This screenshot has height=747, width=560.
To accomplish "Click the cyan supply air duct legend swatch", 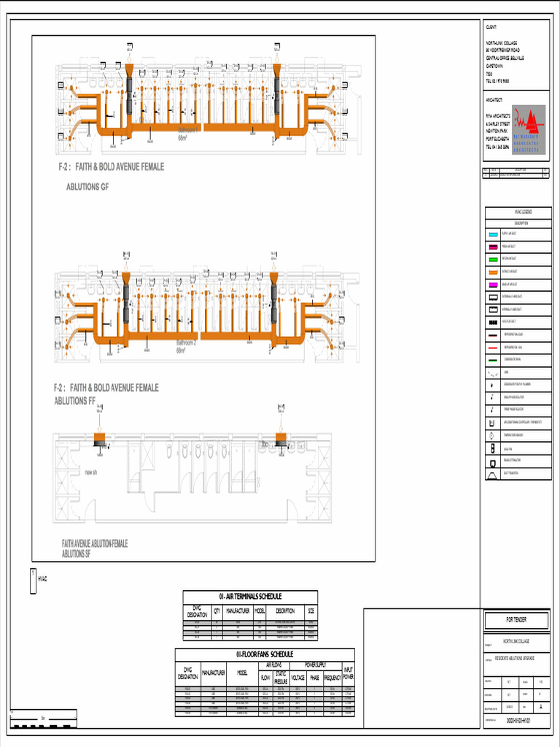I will tap(493, 234).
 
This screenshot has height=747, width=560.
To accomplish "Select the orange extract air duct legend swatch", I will tap(493, 271).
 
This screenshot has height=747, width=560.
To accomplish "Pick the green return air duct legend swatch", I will tap(493, 259).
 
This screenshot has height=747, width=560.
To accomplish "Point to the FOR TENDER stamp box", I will tap(517, 620).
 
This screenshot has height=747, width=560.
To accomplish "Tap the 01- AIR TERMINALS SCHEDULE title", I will tap(250, 597).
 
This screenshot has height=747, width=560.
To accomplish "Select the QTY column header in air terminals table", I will tap(217, 611).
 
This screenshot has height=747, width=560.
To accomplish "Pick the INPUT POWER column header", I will tap(348, 673).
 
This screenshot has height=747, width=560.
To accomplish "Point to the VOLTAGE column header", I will tap(298, 678).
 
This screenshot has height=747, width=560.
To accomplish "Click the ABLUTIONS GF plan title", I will tap(87, 187).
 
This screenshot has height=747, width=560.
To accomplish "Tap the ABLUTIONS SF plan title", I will tap(77, 554).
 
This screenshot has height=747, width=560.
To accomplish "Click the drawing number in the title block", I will tap(518, 720).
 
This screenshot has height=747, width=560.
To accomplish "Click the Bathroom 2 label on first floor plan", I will tap(187, 342).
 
